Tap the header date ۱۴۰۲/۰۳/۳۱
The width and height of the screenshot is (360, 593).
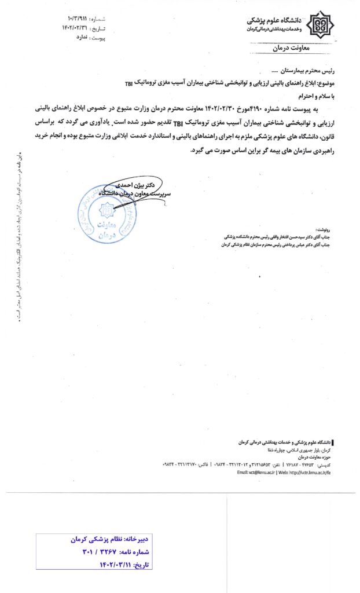tap(76, 28)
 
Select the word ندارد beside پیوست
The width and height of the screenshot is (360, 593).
tap(77, 36)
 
